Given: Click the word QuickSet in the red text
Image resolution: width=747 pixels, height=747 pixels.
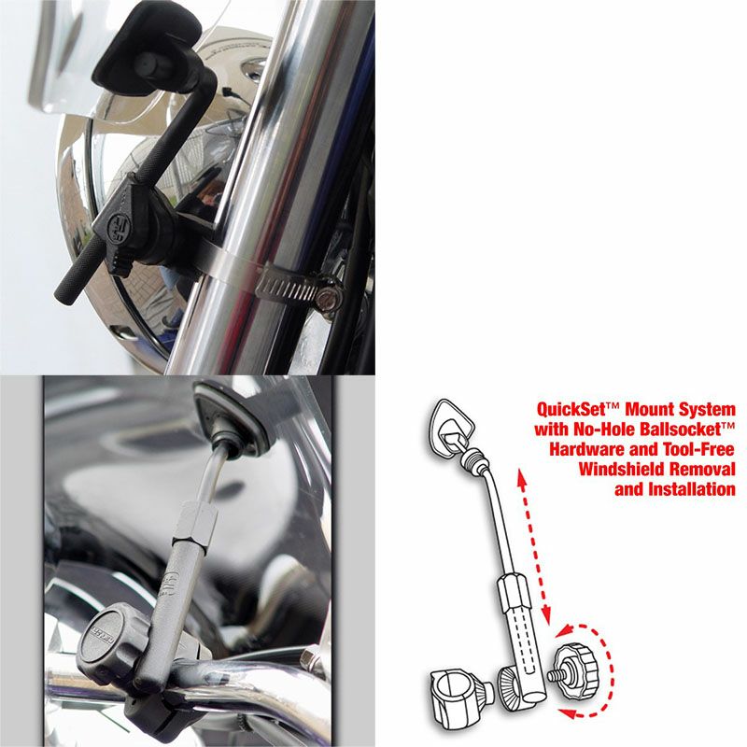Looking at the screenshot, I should pos(569,410).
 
